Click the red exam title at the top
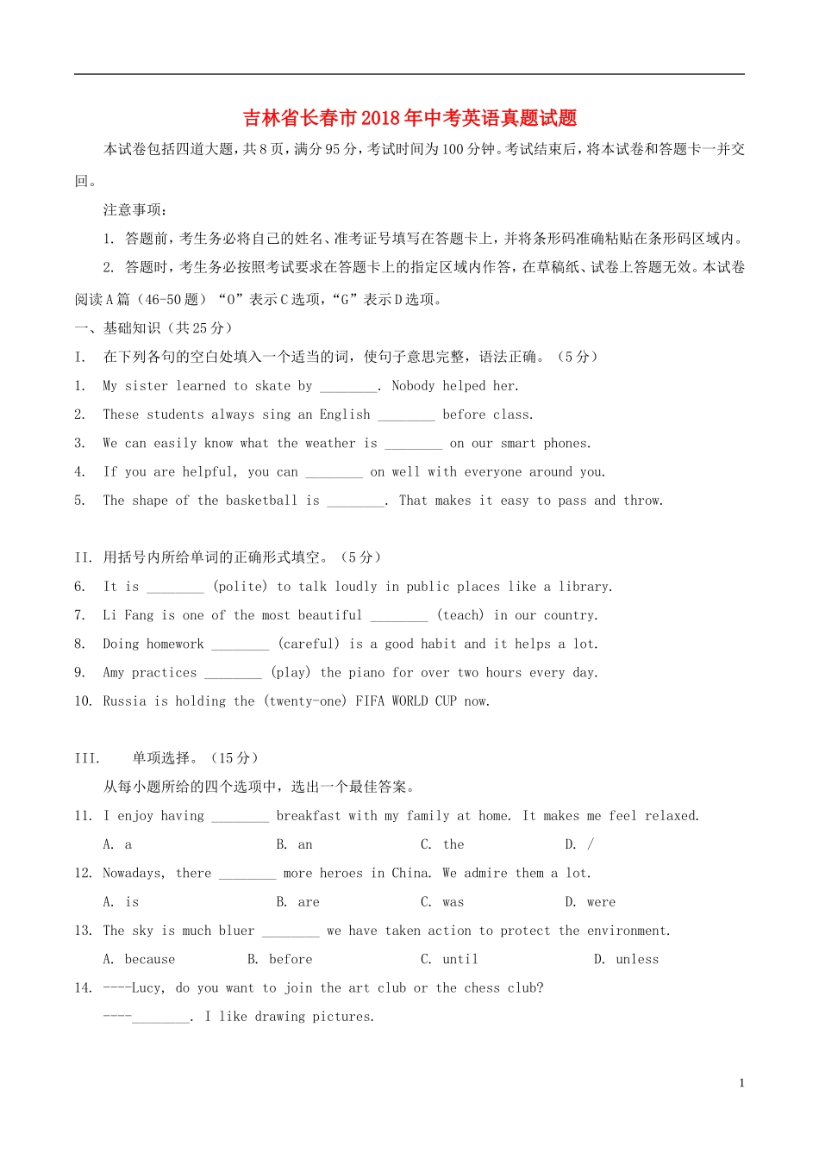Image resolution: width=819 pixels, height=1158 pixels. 409,118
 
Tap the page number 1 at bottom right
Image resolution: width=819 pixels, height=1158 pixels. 741,1083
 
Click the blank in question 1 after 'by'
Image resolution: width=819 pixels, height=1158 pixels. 348,387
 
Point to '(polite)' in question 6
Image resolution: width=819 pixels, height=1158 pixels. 241,587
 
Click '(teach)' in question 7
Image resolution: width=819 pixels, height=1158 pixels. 460,615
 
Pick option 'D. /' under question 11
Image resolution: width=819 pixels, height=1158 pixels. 579,844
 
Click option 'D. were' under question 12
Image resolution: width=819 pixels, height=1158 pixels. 591,902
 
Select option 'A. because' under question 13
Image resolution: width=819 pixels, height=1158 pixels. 139,959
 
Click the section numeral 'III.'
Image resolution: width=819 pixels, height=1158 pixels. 87,758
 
